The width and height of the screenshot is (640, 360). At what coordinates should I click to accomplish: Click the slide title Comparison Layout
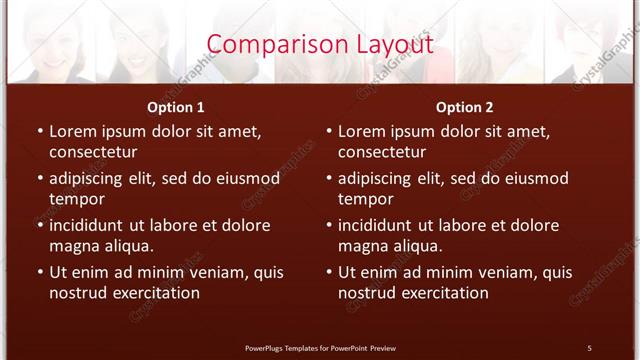(320, 45)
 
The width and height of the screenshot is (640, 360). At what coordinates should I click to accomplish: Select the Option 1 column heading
(176, 107)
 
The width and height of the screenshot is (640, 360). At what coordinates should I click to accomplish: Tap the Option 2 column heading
(465, 107)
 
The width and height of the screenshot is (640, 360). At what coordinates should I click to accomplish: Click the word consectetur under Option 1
(93, 152)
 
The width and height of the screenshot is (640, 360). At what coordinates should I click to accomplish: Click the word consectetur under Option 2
(382, 152)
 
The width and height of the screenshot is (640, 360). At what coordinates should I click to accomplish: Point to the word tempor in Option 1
(76, 199)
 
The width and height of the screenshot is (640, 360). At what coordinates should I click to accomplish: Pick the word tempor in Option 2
(365, 199)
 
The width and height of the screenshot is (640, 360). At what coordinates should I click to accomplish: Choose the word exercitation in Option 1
(154, 293)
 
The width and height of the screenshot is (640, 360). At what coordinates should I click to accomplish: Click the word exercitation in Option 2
(443, 293)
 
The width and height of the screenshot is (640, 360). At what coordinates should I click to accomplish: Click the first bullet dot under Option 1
(39, 131)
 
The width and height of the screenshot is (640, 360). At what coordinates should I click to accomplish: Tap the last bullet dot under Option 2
(328, 272)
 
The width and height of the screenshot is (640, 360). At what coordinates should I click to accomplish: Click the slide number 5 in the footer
(589, 347)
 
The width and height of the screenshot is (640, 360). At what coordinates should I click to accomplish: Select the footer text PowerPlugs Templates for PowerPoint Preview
(320, 347)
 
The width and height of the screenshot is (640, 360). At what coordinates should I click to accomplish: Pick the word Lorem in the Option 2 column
(361, 131)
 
